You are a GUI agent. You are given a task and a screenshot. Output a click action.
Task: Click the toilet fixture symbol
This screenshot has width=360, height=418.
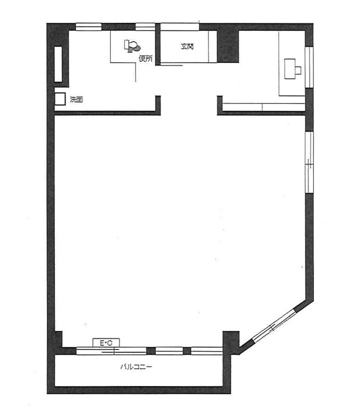[x=132, y=46]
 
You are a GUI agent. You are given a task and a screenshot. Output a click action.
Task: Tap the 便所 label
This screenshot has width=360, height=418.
[x=146, y=58]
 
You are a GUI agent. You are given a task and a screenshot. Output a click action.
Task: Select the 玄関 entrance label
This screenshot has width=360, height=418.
[x=187, y=46]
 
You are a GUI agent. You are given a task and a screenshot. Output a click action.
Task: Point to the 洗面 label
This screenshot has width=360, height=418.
[x=77, y=99]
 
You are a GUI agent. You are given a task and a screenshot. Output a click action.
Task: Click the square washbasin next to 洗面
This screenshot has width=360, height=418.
[x=60, y=99]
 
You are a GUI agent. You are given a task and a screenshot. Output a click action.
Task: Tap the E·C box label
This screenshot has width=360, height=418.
[x=106, y=343]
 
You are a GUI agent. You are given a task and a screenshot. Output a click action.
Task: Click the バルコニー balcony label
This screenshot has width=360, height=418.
[x=136, y=367]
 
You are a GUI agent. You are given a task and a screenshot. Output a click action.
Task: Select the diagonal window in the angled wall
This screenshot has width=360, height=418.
[x=274, y=327]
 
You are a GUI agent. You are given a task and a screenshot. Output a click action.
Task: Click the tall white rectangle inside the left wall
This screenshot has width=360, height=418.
[x=58, y=64]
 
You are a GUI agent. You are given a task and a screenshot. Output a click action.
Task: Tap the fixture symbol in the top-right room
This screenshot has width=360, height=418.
[x=292, y=69]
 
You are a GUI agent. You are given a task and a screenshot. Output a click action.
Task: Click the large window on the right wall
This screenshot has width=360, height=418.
[x=309, y=162]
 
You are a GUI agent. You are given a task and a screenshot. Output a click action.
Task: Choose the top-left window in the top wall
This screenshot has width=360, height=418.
[x=89, y=27]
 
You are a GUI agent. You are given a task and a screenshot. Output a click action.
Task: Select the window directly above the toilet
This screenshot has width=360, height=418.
[x=145, y=27]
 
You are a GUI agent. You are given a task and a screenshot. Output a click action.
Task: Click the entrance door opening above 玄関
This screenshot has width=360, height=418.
[x=180, y=27]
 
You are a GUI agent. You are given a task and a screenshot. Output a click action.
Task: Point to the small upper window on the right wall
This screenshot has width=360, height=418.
[x=309, y=67]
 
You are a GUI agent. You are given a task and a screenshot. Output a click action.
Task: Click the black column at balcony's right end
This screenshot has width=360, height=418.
[x=231, y=343]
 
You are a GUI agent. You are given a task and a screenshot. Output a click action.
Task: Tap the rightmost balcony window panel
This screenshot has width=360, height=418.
[x=206, y=351]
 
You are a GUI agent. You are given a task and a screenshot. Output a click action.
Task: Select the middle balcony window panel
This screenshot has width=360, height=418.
[x=169, y=351]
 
